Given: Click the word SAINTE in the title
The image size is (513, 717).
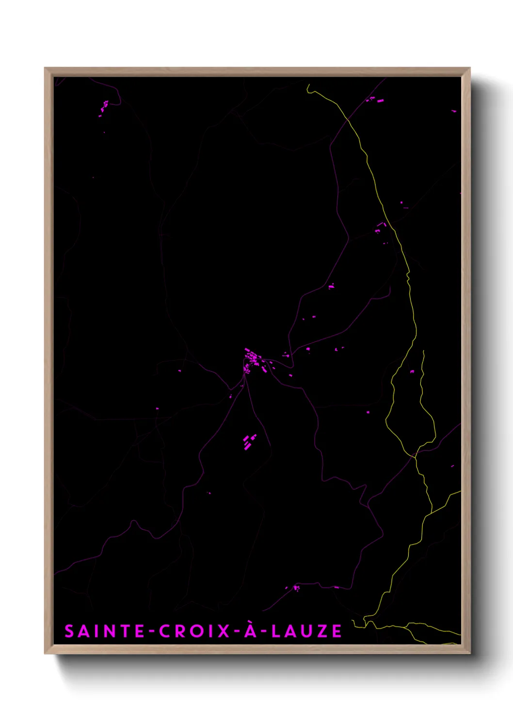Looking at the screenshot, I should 104,631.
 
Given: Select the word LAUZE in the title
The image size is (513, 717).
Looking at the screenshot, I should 306,631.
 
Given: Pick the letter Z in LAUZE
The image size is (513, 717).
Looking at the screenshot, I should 322,631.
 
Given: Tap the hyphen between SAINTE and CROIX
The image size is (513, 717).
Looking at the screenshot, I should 152,631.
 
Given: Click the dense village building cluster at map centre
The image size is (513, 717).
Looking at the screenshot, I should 253,361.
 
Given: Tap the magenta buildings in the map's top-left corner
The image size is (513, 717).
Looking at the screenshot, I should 104,108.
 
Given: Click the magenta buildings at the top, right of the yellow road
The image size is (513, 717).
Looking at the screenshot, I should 373,99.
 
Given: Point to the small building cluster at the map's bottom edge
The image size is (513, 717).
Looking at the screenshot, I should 296,588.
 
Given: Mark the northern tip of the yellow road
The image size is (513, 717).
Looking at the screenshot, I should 308,86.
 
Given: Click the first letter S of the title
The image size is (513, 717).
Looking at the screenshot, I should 69,631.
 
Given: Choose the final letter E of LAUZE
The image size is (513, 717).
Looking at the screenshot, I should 337,631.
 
